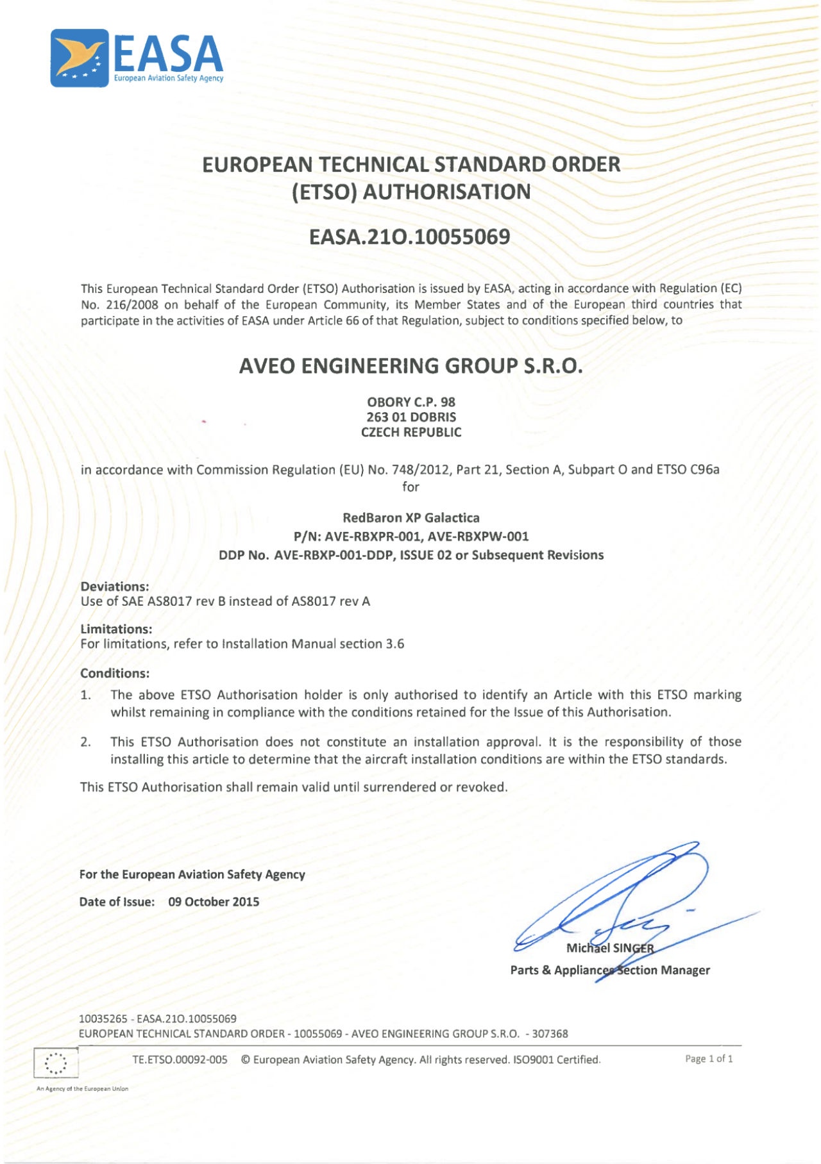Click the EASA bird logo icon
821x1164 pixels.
80,58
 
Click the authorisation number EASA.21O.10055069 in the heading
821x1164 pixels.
409,237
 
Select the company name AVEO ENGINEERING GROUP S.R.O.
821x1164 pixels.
410,366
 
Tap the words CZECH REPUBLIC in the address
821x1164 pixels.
410,433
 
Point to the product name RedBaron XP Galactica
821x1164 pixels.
410,518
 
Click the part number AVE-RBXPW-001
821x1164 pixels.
478,536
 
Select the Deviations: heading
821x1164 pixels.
115,586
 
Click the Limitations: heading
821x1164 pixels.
116,629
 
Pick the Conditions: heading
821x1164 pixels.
115,673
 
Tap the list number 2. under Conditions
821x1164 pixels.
85,742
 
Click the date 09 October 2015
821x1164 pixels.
214,902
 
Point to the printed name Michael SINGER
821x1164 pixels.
610,948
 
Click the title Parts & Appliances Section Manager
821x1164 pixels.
610,970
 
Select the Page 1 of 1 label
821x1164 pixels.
709,1059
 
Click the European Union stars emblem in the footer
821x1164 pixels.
56,1063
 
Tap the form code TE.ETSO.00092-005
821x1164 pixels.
180,1060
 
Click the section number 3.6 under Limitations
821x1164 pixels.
395,644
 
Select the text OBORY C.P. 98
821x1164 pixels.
410,402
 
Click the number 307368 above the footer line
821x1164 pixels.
550,1033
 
